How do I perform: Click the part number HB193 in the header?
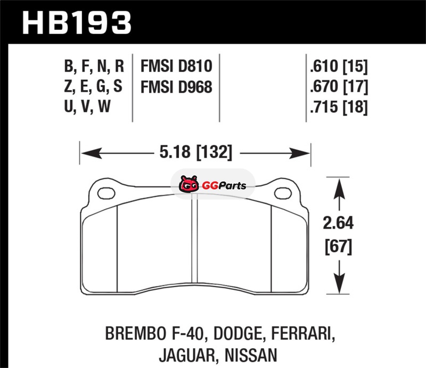77,23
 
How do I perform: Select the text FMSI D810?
176,66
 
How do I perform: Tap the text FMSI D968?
176,87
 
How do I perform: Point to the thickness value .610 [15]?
339,67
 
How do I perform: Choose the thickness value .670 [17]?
339,86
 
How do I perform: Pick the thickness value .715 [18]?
339,107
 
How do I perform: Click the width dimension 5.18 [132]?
195,152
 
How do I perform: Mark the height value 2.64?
338,223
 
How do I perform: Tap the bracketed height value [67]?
338,247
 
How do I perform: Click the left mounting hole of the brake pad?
106,193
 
